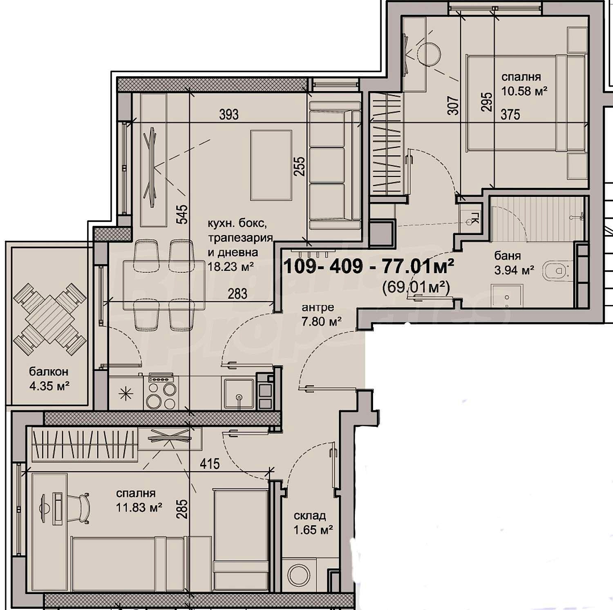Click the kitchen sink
coord(238,394)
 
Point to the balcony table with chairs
coord(50,319)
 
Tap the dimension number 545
coord(183,214)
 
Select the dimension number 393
coord(229,114)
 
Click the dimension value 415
coord(210,464)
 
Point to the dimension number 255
coord(300,166)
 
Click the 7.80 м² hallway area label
coord(322,322)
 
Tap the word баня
coord(508,256)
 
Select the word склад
coord(309,516)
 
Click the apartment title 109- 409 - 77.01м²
coord(369,267)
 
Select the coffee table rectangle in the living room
coord(271,165)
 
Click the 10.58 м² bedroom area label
coord(524,91)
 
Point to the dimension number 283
coord(237,294)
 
